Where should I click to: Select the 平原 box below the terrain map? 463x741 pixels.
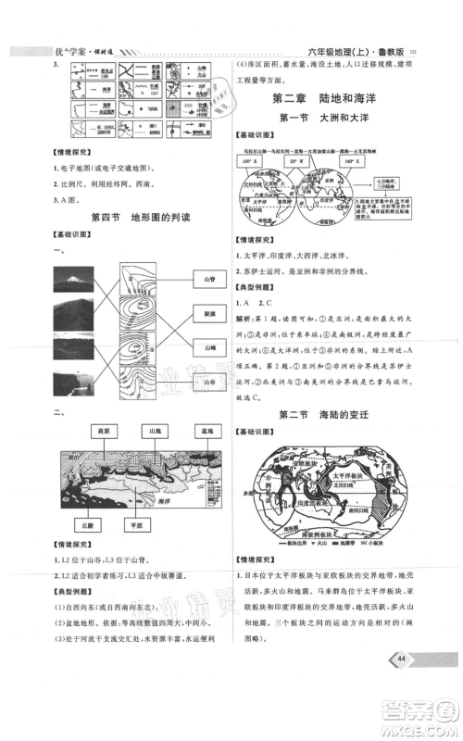pyautogui.click(x=139, y=523)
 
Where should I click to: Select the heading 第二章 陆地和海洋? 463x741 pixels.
pyautogui.click(x=330, y=98)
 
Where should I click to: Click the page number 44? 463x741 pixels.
pyautogui.click(x=402, y=684)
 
